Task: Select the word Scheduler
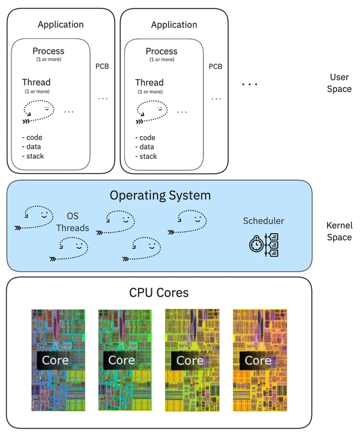click(263, 221)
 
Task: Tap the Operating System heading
click(160, 195)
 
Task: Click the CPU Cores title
click(159, 293)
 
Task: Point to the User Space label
click(340, 83)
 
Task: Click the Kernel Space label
click(339, 231)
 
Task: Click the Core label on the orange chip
click(257, 360)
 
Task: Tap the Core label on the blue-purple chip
click(55, 360)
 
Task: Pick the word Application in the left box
click(61, 25)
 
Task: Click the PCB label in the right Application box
click(215, 66)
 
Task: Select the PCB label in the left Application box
click(102, 66)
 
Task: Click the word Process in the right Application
click(162, 51)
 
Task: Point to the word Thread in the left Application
click(36, 82)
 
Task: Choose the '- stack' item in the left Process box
click(33, 156)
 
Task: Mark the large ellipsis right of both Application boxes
click(249, 85)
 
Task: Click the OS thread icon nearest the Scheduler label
click(190, 221)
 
